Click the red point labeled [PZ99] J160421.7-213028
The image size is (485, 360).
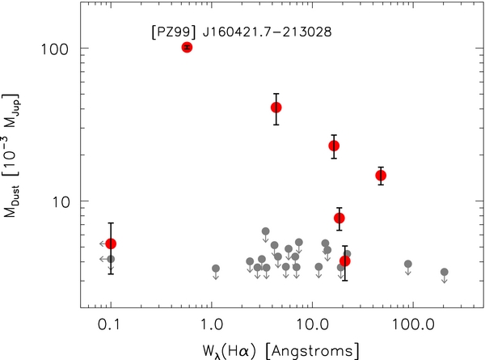pyautogui.click(x=187, y=47)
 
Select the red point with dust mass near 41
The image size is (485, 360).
pyautogui.click(x=276, y=108)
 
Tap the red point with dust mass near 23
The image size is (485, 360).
pyautogui.click(x=333, y=146)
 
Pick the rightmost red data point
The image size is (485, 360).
pyautogui.click(x=381, y=176)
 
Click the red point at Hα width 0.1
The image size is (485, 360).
pyautogui.click(x=111, y=244)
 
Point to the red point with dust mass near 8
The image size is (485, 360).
pyautogui.click(x=339, y=218)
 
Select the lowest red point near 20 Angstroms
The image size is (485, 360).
pyautogui.click(x=345, y=260)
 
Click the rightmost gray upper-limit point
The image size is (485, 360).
pyautogui.click(x=444, y=272)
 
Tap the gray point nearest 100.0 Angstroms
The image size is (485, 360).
pyautogui.click(x=408, y=265)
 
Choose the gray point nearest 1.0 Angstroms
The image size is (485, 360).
pyautogui.click(x=216, y=269)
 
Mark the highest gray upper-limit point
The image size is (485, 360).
pyautogui.click(x=266, y=231)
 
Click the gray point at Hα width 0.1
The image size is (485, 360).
pyautogui.click(x=111, y=259)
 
